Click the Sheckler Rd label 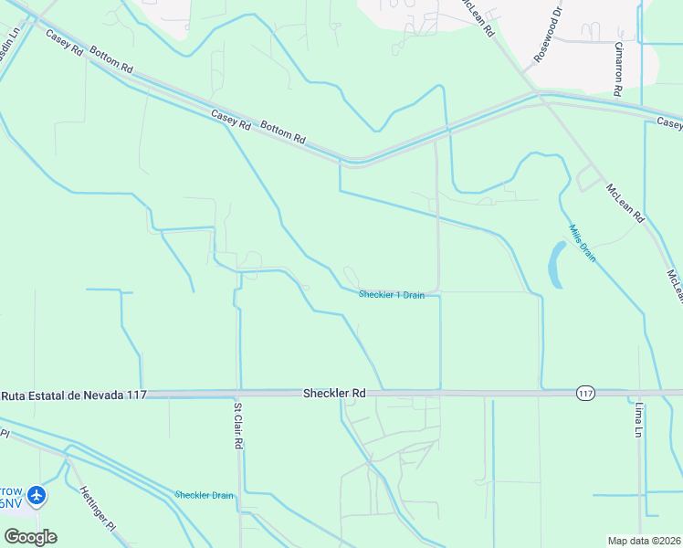pos(334,393)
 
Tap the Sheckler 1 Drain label pos(391,295)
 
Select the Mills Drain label pos(583,244)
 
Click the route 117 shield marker pos(586,393)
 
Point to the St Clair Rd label pos(238,426)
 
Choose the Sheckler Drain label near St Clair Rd pos(204,495)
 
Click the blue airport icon pos(37,496)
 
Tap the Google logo pos(30,537)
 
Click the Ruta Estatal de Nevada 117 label pos(74,395)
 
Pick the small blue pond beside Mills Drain pos(555,265)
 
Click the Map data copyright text pos(645,541)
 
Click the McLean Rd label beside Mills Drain pos(625,203)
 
